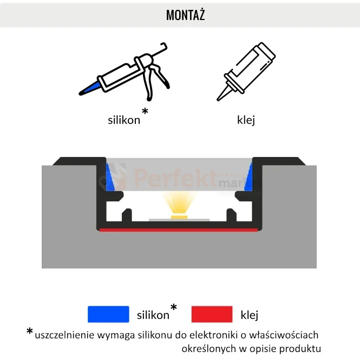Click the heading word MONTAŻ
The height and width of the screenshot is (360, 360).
[x=185, y=15]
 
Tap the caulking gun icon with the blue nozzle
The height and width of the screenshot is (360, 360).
[x=124, y=72]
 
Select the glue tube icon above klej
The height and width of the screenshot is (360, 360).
[x=246, y=71]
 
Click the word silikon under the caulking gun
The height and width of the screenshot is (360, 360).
[x=124, y=120]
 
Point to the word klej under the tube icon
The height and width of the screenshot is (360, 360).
[x=246, y=120]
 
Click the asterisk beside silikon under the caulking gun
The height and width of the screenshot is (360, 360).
[x=145, y=111]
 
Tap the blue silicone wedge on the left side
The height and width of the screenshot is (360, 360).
[x=110, y=177]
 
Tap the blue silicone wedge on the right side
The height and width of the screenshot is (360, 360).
[x=248, y=177]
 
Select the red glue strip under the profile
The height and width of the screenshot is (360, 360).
[x=179, y=230]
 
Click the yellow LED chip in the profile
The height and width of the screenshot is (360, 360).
[x=179, y=217]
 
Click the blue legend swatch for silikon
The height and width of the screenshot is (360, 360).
[x=108, y=314]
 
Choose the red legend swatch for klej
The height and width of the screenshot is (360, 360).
[x=212, y=314]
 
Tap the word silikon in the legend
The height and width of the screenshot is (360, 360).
[x=153, y=315]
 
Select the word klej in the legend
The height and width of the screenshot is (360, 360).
[x=250, y=315]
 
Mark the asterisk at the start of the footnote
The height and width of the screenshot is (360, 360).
[x=30, y=331]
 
